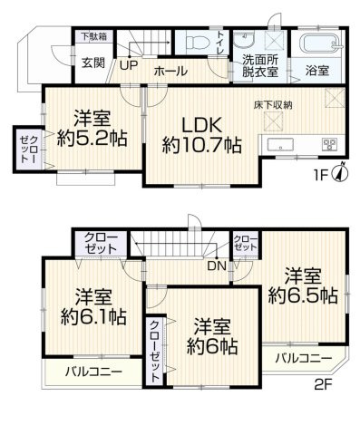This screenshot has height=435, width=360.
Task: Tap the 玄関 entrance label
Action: tap(92, 63)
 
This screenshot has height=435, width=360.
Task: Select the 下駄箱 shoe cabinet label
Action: tap(91, 37)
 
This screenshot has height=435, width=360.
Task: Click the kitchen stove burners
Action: tap(327, 144)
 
